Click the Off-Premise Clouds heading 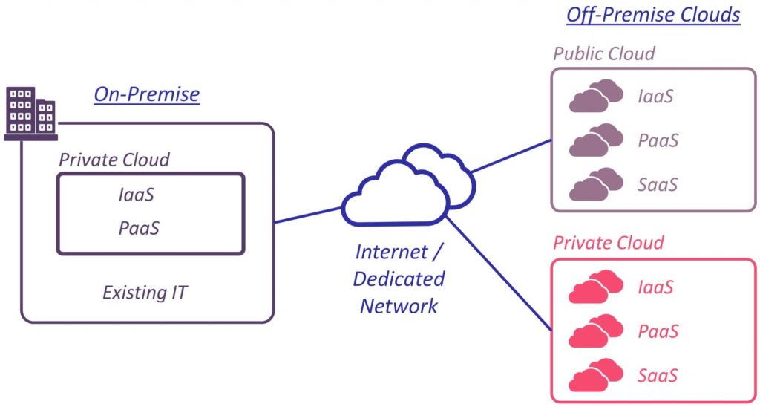(x=653, y=15)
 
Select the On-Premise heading (x=146, y=94)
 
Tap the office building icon (x=30, y=114)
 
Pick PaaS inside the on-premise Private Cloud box (x=139, y=228)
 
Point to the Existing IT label (x=145, y=292)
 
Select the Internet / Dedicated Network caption (x=399, y=279)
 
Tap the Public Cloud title (x=604, y=54)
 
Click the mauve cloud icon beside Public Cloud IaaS (x=595, y=96)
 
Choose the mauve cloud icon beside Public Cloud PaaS (x=595, y=140)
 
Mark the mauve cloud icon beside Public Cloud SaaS (x=595, y=184)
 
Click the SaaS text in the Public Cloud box (x=658, y=184)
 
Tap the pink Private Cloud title (x=609, y=243)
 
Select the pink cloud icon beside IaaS (x=595, y=287)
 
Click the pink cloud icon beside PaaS (x=595, y=331)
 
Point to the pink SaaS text (x=658, y=375)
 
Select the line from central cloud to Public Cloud (x=512, y=156)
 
